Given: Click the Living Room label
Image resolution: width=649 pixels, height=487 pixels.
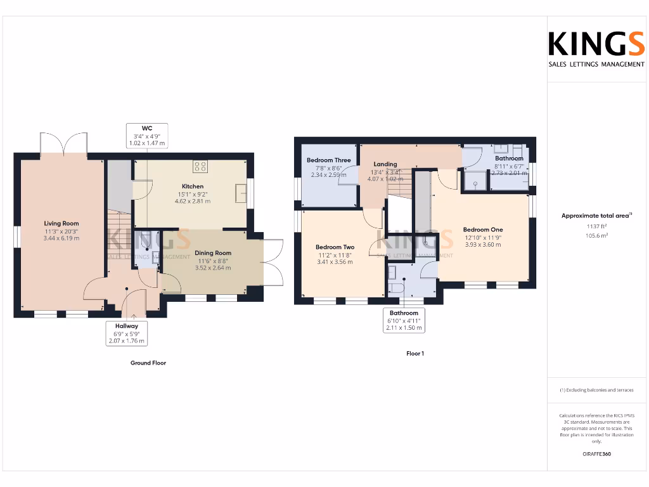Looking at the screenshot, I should pyautogui.click(x=61, y=223).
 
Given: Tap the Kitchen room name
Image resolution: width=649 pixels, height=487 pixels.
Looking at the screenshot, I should pyautogui.click(x=193, y=186).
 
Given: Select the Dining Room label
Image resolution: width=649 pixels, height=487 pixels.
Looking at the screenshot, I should pyautogui.click(x=212, y=253).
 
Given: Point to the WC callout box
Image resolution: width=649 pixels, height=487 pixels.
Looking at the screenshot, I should pyautogui.click(x=146, y=136).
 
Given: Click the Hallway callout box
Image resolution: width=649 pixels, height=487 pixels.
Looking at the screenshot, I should pyautogui.click(x=127, y=333).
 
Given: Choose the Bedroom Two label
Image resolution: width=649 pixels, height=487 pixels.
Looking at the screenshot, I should pyautogui.click(x=335, y=247).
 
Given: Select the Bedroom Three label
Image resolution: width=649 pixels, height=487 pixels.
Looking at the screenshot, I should pyautogui.click(x=328, y=160).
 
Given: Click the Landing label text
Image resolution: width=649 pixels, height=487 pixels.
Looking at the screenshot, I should pyautogui.click(x=385, y=164).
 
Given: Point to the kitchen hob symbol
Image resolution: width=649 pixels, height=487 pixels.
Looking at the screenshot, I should pyautogui.click(x=201, y=167).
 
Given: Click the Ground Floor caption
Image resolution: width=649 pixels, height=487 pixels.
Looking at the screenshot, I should pyautogui.click(x=149, y=363).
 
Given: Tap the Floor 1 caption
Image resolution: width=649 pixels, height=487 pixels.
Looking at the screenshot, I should pyautogui.click(x=415, y=353).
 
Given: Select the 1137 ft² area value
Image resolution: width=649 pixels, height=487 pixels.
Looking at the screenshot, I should pyautogui.click(x=597, y=226).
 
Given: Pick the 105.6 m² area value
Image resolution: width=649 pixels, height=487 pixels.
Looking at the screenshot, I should pyautogui.click(x=597, y=235).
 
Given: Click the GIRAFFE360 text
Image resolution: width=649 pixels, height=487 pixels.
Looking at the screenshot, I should pyautogui.click(x=597, y=454).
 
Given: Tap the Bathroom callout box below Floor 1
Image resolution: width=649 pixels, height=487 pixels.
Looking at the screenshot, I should pyautogui.click(x=404, y=321).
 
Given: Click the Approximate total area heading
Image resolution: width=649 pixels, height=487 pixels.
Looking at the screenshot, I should pyautogui.click(x=596, y=216).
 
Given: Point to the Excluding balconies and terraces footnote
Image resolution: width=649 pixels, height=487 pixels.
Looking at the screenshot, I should pyautogui.click(x=596, y=390).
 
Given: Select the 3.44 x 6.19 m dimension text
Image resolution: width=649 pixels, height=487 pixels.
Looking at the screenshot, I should pyautogui.click(x=61, y=238).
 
